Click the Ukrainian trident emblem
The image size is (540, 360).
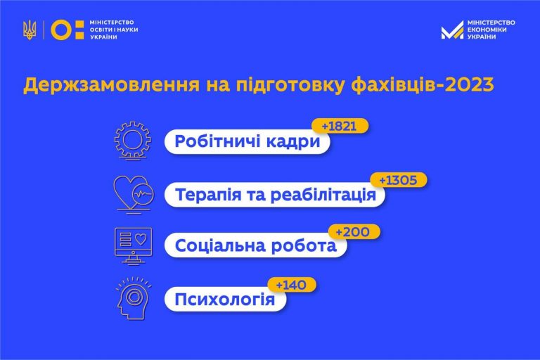click(30, 30)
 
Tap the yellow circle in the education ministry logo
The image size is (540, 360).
click(61, 30)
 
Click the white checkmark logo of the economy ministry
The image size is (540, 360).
click(452, 30)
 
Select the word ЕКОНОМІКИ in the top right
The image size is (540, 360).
click(487, 30)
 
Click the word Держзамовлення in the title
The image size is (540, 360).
click(111, 85)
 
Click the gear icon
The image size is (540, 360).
click(133, 141)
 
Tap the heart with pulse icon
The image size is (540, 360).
click(134, 194)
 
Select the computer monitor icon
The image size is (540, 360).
click(134, 245)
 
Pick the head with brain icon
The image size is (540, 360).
click(134, 298)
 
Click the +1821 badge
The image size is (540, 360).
click(340, 126)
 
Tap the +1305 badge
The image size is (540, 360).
click(399, 180)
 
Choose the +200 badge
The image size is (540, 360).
click(354, 232)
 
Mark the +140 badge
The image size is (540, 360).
click(292, 285)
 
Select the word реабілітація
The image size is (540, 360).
click(323, 195)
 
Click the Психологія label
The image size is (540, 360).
click(225, 300)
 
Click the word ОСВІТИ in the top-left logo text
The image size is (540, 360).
click(99, 30)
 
